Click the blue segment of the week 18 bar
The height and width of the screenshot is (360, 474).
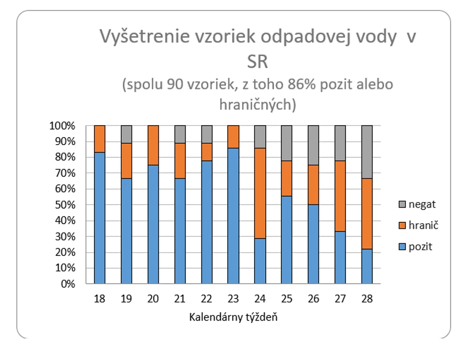[x=100, y=218]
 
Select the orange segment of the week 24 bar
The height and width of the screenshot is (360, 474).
[x=260, y=193]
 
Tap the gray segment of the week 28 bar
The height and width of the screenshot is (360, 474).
[x=367, y=152]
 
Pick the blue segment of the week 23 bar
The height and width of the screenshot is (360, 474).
[x=233, y=216]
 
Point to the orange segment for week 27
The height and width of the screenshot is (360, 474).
[x=340, y=196]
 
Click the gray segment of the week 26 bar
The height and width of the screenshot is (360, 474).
[x=313, y=145]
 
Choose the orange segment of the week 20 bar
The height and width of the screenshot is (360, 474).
[x=153, y=145]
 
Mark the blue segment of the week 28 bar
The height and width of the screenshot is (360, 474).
[x=367, y=266]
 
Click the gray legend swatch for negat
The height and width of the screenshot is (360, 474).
[x=402, y=204]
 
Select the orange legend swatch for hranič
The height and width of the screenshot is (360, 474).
[x=402, y=225]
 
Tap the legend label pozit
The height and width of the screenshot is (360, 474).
[x=420, y=247]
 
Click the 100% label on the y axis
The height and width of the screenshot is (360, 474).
[x=62, y=126]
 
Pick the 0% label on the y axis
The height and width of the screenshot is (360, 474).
[x=68, y=284]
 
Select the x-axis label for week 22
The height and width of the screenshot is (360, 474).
[x=206, y=299]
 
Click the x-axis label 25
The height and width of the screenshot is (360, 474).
[x=287, y=299]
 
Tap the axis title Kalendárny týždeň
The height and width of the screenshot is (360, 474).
[x=233, y=317]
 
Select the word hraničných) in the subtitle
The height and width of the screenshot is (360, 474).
[x=257, y=105]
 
